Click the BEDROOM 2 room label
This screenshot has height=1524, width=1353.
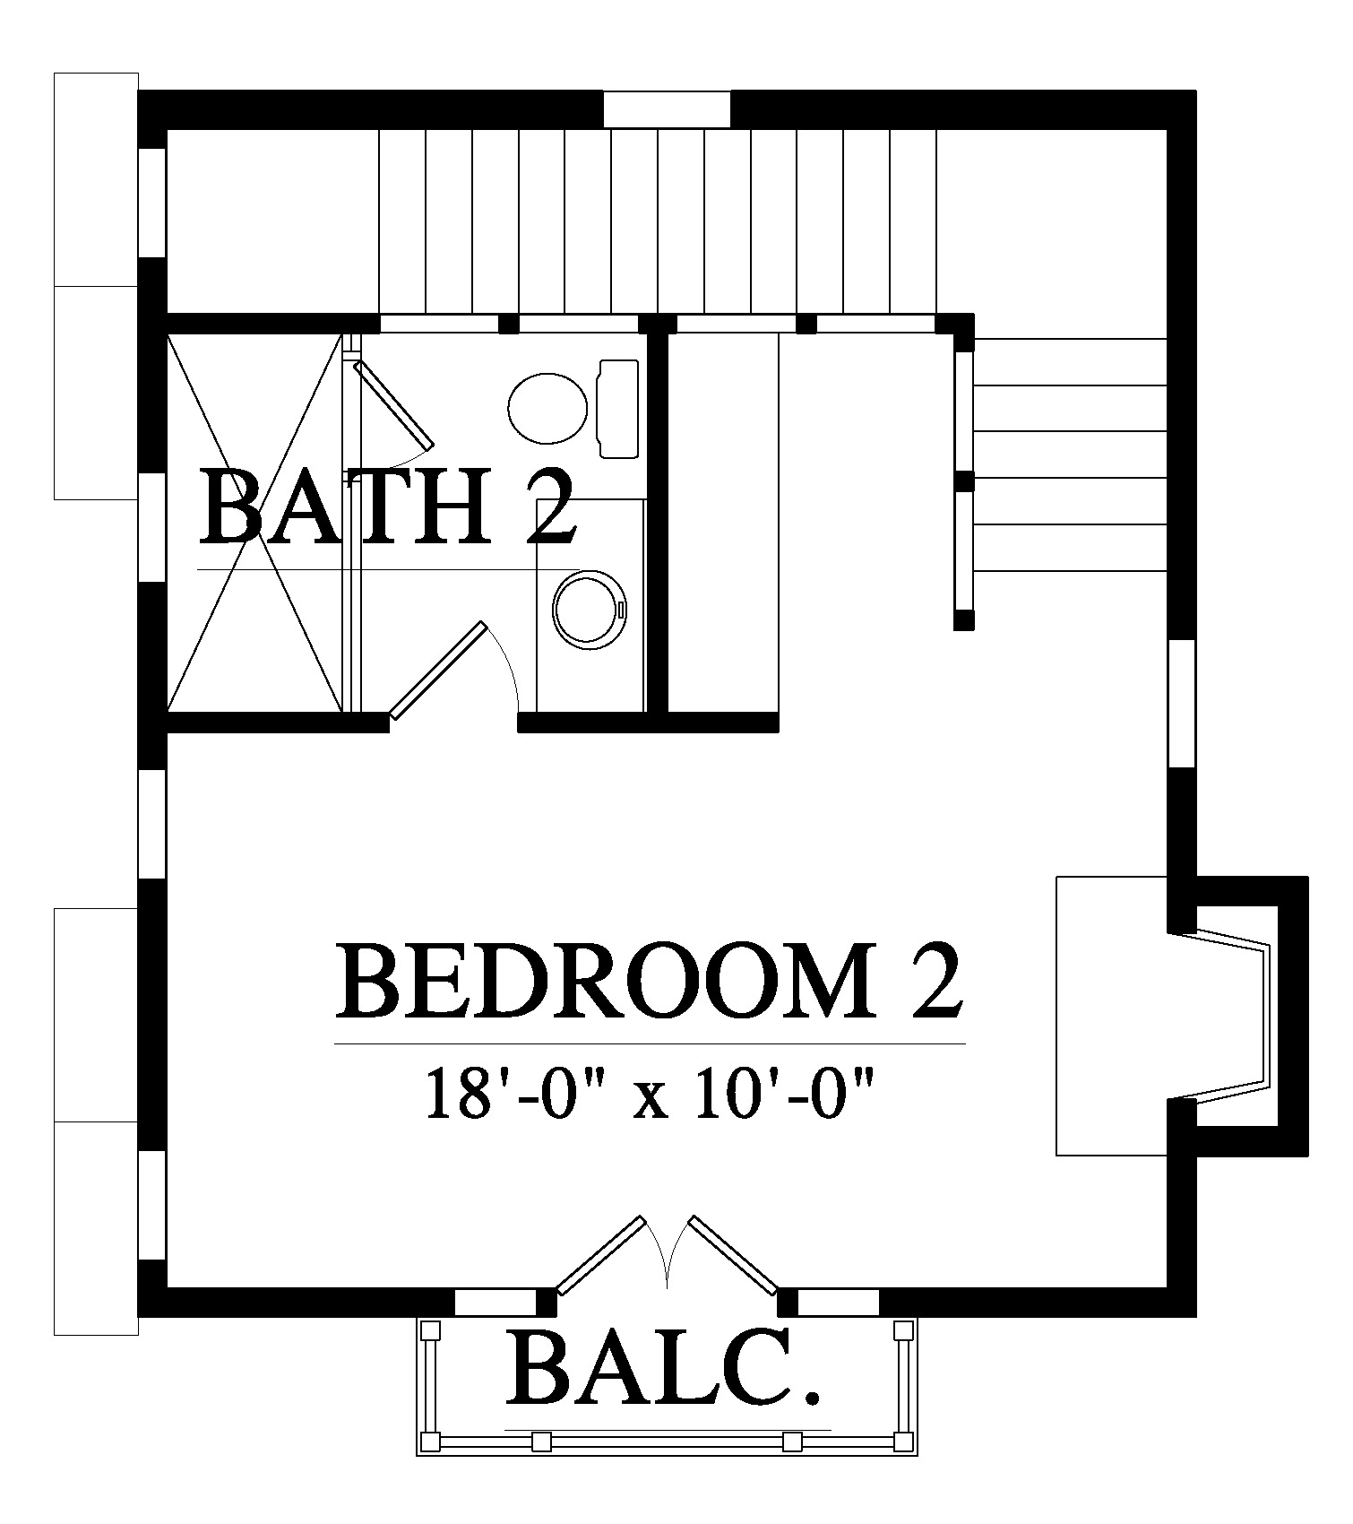pos(650,980)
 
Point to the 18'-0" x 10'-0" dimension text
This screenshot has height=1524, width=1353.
pos(650,1092)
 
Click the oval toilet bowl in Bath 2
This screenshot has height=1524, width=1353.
pos(547,408)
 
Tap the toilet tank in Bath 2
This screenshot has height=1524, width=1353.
pos(618,409)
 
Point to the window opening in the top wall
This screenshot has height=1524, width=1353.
pos(667,109)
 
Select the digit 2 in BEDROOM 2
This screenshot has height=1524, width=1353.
pos(938,980)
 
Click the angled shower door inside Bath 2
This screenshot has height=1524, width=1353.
pos(394,403)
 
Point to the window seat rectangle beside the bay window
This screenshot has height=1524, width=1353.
pos(1113,1016)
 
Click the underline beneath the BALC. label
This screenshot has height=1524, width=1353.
pos(668,1429)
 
